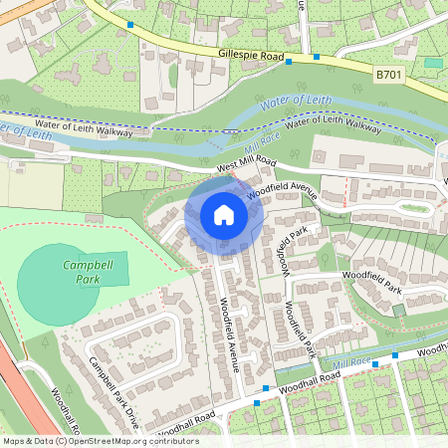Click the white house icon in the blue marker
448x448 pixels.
[x=224, y=215]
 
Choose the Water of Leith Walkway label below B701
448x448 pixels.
[x=334, y=125]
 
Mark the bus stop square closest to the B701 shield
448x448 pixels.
[x=317, y=56]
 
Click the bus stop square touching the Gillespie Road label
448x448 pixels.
[x=289, y=62]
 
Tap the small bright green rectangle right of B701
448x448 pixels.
[x=433, y=63]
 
